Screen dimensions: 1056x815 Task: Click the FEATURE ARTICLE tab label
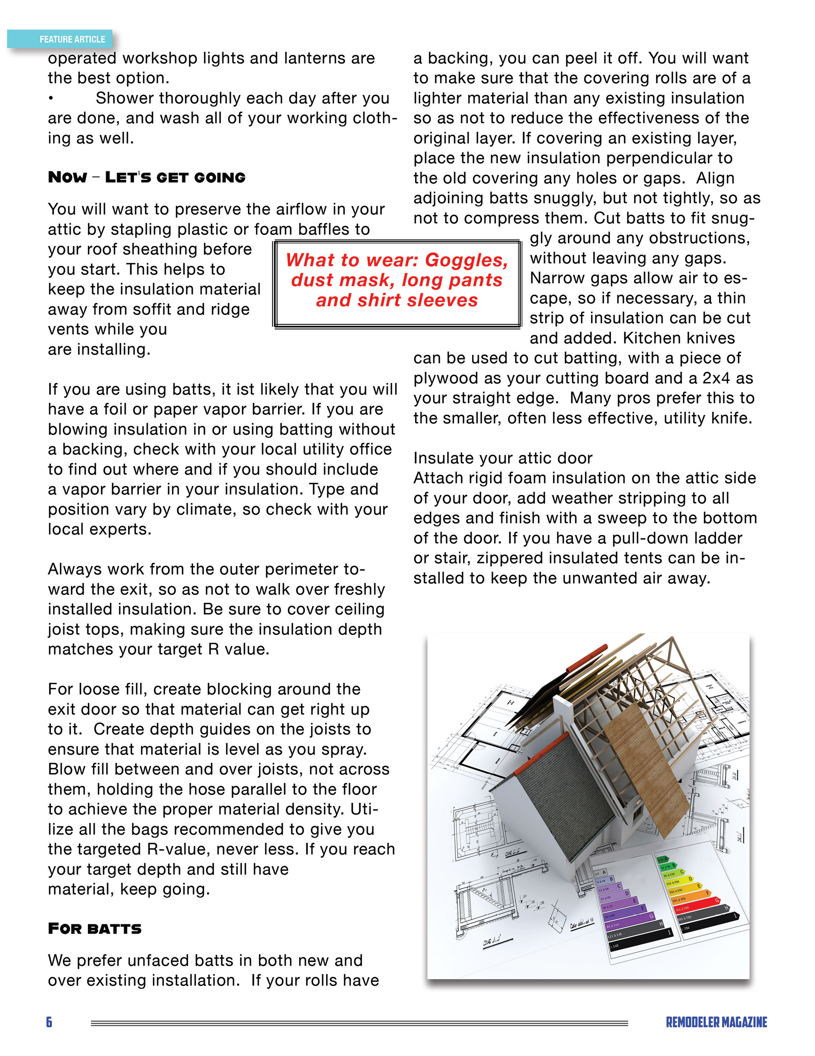72,39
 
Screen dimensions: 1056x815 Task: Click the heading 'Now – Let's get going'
146,178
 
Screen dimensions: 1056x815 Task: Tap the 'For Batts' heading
95,929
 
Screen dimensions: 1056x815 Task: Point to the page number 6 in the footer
49,1022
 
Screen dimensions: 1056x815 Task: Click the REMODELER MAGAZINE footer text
716,1022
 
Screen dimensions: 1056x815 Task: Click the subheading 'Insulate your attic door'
503,458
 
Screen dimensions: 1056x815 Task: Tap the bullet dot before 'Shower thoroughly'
51,99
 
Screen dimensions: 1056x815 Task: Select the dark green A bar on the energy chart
663,859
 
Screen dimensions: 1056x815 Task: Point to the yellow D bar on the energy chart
679,879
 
